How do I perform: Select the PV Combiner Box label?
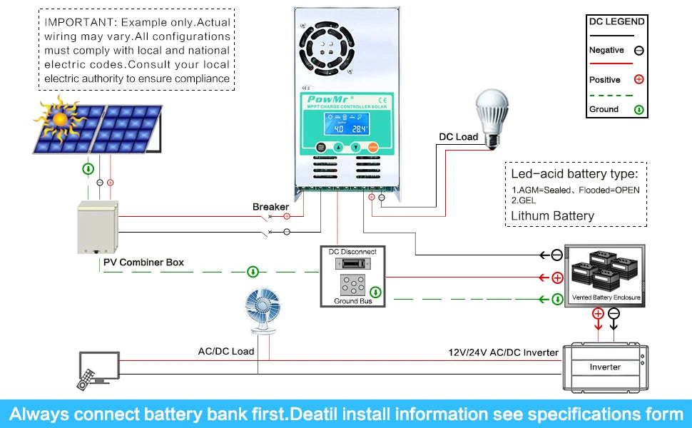coord(143,263)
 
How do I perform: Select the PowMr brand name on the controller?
coord(326,99)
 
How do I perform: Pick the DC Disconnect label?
coord(352,252)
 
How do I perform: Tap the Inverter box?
coord(605,367)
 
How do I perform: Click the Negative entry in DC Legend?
coord(606,51)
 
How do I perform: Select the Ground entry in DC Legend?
coord(604,109)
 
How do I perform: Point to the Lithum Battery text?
coord(553,215)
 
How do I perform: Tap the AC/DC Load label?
coord(226,352)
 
